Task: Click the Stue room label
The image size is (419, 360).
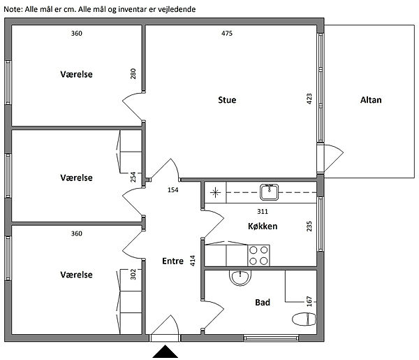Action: click(x=227, y=100)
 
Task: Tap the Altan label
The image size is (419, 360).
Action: click(x=371, y=100)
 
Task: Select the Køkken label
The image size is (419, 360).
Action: click(x=263, y=226)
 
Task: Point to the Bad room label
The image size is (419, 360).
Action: click(x=263, y=302)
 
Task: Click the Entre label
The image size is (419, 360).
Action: click(x=172, y=261)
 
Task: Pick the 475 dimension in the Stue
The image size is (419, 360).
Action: click(x=227, y=34)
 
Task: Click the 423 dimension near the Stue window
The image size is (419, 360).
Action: click(x=309, y=99)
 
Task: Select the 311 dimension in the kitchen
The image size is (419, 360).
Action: click(x=263, y=212)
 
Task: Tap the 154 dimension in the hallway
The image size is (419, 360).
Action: click(x=173, y=190)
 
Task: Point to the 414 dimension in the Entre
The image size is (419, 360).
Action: click(x=193, y=261)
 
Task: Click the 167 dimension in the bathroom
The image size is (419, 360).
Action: click(x=309, y=301)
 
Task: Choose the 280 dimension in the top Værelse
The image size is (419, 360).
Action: click(x=133, y=74)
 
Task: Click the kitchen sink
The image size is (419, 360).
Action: click(x=270, y=192)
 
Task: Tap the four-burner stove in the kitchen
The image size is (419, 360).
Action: click(x=258, y=255)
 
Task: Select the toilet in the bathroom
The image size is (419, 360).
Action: click(x=304, y=319)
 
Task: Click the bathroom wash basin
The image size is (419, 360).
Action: click(x=240, y=278)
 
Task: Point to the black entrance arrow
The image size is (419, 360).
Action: click(x=165, y=352)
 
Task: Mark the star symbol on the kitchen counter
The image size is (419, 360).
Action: click(x=215, y=192)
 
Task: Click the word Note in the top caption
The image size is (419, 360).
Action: click(x=13, y=9)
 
